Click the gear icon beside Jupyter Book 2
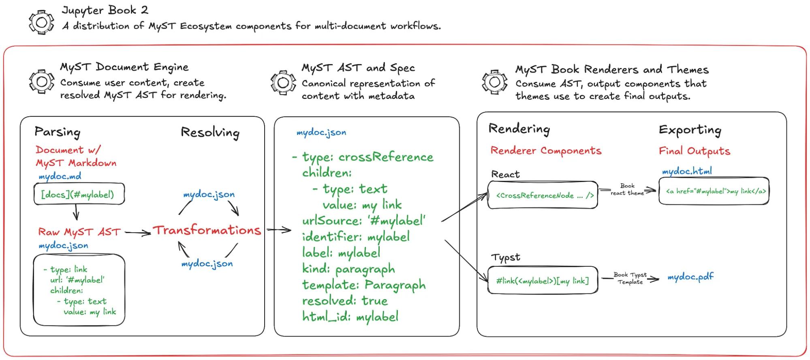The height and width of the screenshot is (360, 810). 41,23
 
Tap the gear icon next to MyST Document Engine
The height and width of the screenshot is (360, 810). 41,82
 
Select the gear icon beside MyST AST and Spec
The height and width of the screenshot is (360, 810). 283,83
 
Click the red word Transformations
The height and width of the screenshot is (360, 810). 207,230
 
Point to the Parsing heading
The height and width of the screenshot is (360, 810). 58,132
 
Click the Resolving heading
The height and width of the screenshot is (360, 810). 210,133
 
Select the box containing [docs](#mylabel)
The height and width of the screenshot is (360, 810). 79,194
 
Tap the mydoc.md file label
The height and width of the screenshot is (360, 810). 60,176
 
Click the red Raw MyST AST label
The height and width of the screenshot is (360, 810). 79,232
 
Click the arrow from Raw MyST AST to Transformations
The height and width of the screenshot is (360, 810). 138,233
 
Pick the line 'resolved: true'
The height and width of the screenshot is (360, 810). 345,301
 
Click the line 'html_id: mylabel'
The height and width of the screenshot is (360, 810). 350,317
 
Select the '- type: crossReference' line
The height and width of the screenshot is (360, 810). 363,157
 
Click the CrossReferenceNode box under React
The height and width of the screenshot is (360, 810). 543,195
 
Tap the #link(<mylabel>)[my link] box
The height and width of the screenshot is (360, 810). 543,280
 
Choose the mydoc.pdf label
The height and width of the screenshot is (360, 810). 690,277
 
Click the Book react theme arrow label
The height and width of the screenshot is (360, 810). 627,189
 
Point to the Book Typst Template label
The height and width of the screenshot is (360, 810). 630,278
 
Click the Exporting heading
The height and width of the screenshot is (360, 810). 690,130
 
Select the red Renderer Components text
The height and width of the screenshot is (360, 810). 546,151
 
